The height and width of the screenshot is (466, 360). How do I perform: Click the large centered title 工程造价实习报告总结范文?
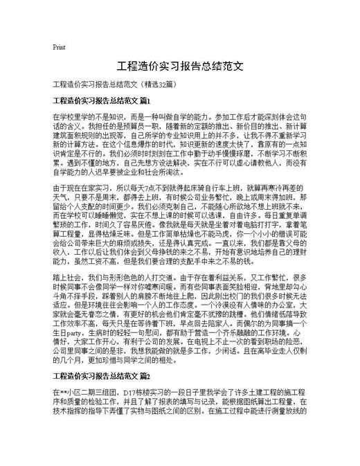pos(180,67)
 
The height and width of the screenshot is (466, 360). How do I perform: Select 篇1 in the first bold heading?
pos(145,101)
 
